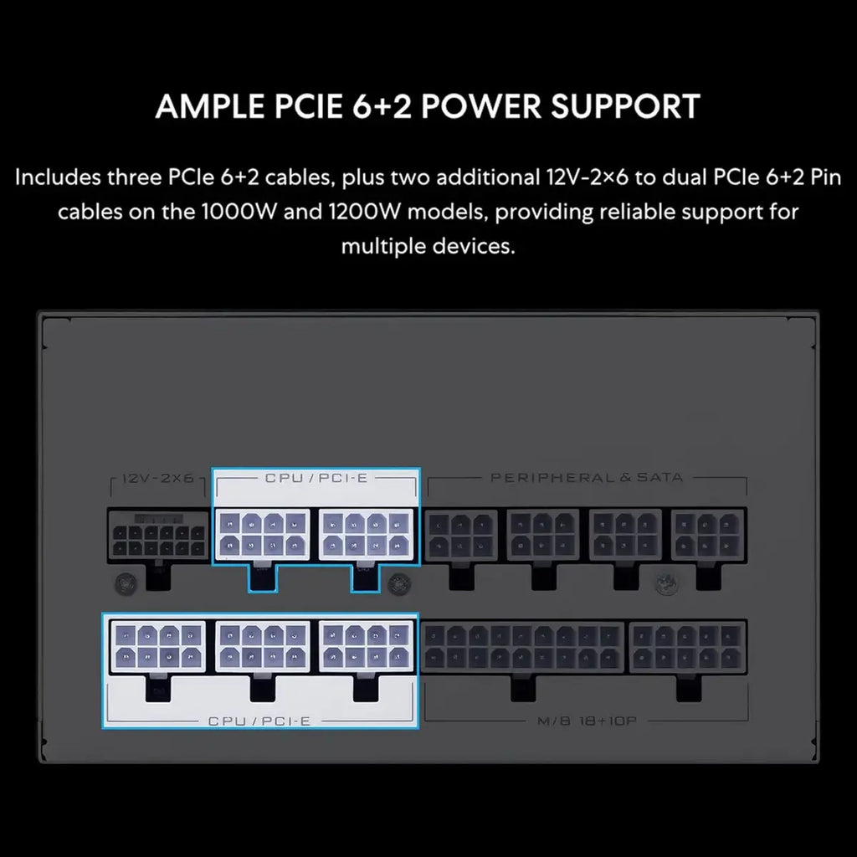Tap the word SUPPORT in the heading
[625, 106]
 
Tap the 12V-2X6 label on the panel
[158, 478]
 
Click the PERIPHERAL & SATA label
[587, 478]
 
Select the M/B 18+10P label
[587, 721]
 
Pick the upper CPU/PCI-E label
[316, 478]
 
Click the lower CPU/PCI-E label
[259, 721]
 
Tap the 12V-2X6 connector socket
[158, 535]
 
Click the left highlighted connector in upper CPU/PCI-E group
[262, 535]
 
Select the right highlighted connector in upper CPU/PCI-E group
[366, 535]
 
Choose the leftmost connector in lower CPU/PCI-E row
[158, 647]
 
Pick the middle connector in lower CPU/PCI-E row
[262, 647]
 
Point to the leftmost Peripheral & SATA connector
[461, 535]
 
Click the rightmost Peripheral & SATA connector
[708, 535]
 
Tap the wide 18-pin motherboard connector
[522, 647]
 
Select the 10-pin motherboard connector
[688, 647]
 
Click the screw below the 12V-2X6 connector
[126, 583]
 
